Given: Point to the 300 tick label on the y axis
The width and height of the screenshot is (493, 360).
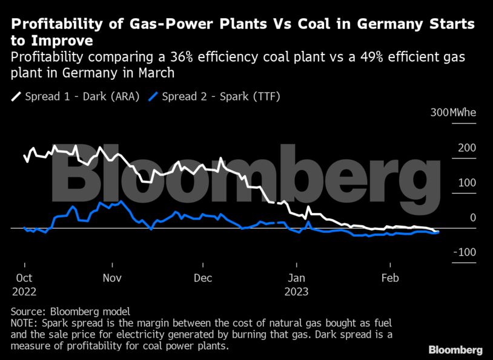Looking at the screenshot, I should coord(440,113).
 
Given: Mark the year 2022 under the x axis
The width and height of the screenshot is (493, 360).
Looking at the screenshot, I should coord(24,291).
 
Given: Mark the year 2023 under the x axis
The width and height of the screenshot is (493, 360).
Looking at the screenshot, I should coord(296,291).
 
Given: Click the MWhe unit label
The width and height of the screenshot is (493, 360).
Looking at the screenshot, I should coord(463,113).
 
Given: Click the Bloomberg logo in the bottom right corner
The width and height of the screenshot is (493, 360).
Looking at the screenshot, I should coord(455,350).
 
